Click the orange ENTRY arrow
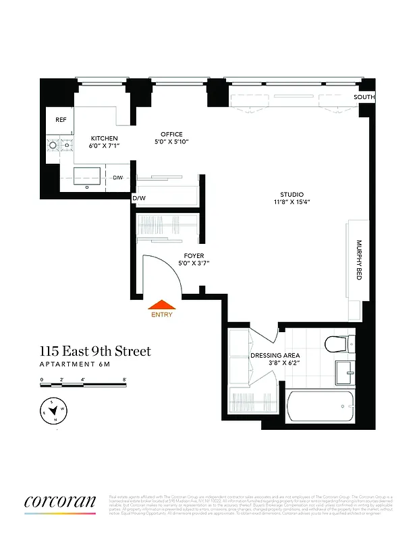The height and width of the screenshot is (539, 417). point(162,307)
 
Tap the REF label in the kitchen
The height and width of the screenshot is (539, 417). point(60,120)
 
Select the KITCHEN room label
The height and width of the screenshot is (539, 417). point(105,138)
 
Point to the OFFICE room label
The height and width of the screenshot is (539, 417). point(171,134)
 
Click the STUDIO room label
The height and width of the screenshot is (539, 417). point(291,194)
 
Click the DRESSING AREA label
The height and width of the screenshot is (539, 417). point(275,355)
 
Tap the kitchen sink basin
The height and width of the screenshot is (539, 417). point(88,177)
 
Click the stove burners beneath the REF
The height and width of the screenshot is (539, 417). point(58,144)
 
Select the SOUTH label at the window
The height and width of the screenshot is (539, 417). point(364,98)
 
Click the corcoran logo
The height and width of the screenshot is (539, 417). point(59,502)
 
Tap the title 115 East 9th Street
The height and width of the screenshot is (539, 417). point(94,351)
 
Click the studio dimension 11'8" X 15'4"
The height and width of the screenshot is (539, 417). point(291,201)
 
